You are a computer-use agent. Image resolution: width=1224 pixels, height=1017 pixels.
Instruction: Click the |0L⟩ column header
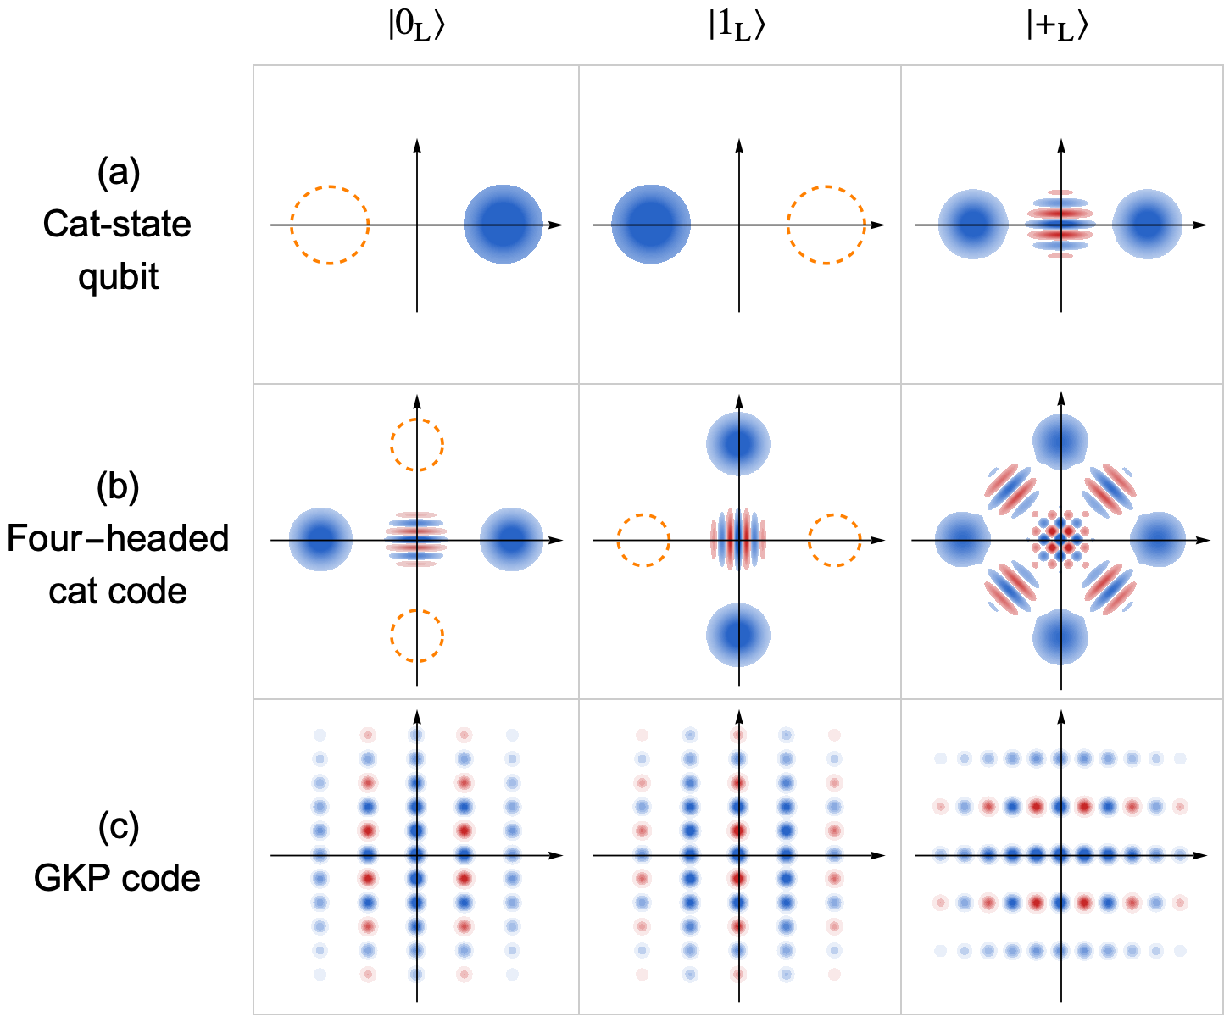point(416,27)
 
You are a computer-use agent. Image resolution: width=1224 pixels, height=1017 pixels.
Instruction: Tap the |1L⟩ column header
point(737,27)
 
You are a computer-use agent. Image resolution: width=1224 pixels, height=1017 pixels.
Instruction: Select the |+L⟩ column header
point(1057,27)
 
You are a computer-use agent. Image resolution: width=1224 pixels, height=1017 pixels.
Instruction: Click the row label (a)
point(118,172)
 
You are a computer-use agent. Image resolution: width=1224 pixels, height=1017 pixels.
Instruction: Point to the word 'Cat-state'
point(118,225)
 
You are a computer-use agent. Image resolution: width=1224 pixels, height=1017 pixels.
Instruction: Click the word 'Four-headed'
point(118,538)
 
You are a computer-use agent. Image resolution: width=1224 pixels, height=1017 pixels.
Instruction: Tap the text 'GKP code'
point(118,878)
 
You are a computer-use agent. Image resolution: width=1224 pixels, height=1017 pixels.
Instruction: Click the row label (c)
point(118,826)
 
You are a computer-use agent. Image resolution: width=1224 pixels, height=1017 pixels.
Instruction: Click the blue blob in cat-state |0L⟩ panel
point(503,225)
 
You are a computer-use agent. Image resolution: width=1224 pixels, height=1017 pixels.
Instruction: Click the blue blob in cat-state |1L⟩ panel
point(651,225)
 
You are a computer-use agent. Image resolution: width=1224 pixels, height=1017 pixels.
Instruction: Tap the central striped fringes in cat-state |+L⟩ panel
point(1060,225)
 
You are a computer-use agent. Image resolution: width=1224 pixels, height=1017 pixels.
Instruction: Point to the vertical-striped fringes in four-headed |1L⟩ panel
point(738,540)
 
